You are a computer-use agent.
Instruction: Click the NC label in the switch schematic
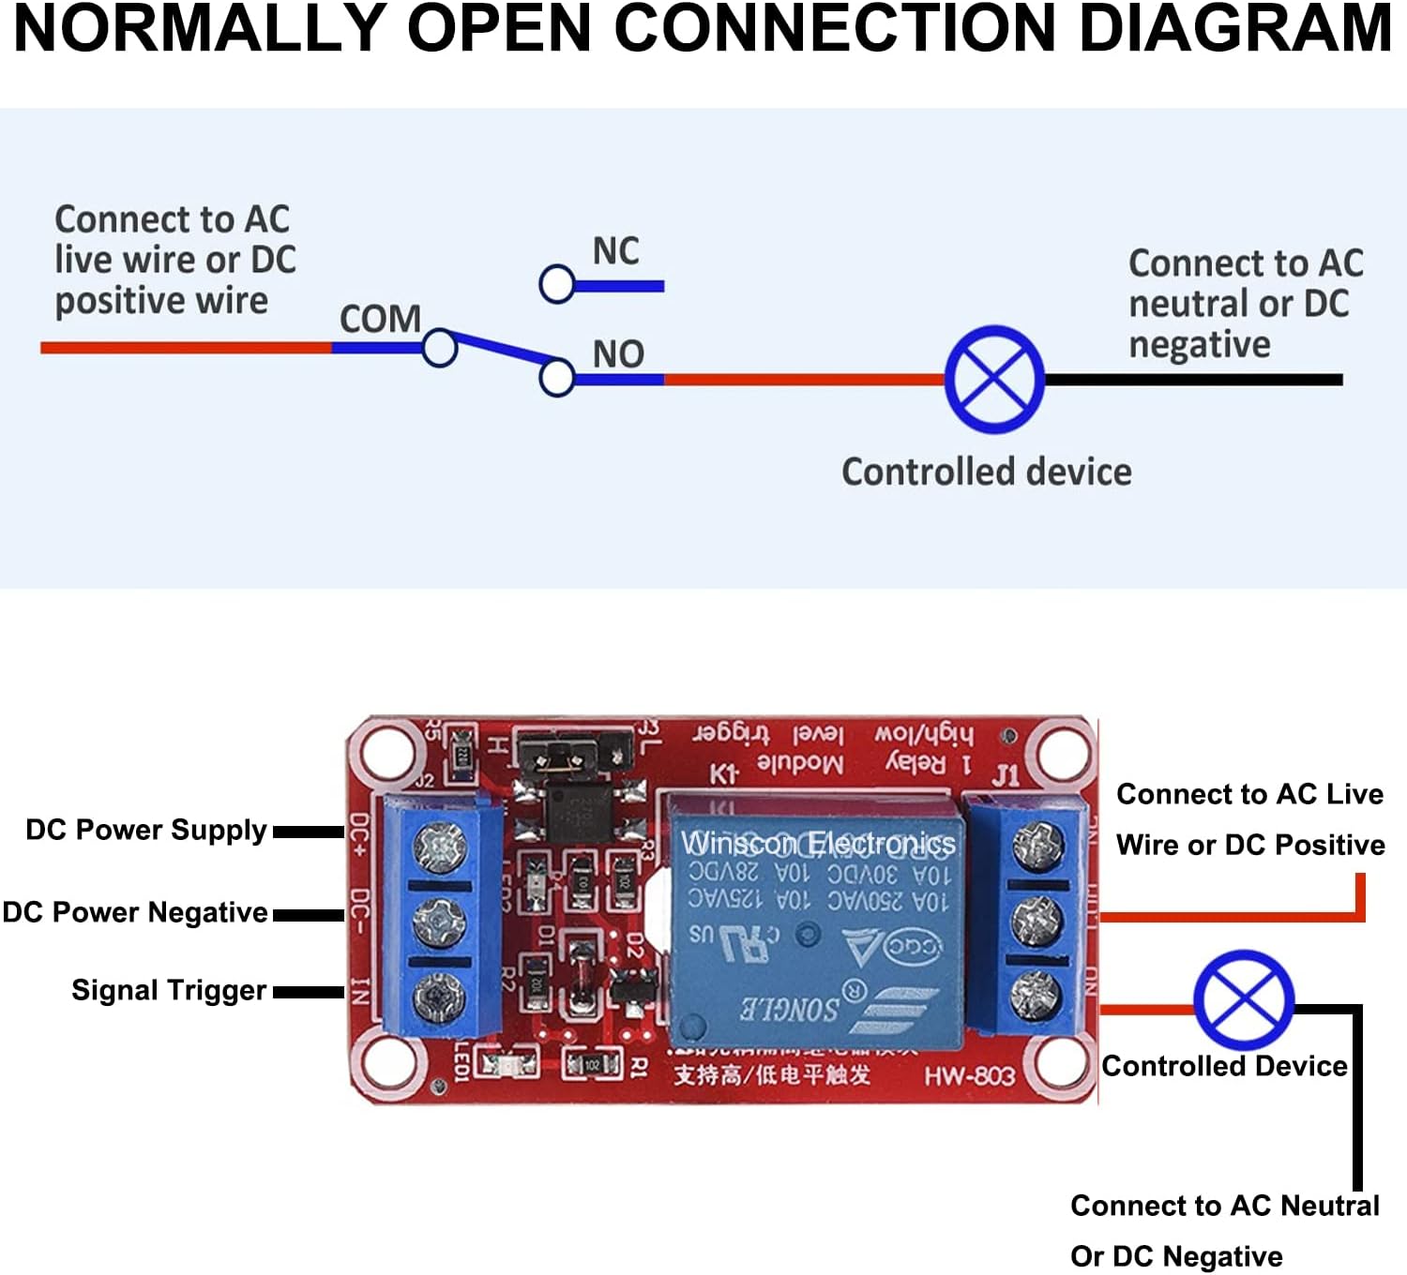pyautogui.click(x=615, y=251)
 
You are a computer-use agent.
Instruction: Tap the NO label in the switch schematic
pyautogui.click(x=618, y=354)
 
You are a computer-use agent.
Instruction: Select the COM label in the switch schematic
pyautogui.click(x=380, y=320)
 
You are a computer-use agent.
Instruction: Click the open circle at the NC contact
pyautogui.click(x=557, y=284)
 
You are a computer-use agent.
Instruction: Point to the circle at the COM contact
pyautogui.click(x=439, y=348)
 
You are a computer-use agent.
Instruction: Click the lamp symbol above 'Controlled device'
pyautogui.click(x=994, y=380)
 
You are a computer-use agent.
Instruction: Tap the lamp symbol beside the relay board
pyautogui.click(x=1244, y=1000)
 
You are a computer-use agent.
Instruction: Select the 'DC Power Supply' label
pyautogui.click(x=146, y=831)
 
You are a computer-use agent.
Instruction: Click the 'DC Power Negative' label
pyautogui.click(x=135, y=913)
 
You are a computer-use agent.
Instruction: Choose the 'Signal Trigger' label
pyautogui.click(x=169, y=991)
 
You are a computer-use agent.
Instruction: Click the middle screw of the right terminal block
pyautogui.click(x=1036, y=921)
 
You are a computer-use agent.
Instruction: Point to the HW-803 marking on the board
pyautogui.click(x=970, y=1075)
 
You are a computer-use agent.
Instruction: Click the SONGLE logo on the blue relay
pyautogui.click(x=790, y=1009)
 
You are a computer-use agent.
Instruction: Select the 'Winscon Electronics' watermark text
pyautogui.click(x=818, y=843)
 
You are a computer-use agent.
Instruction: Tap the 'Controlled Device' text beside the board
pyautogui.click(x=1224, y=1067)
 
